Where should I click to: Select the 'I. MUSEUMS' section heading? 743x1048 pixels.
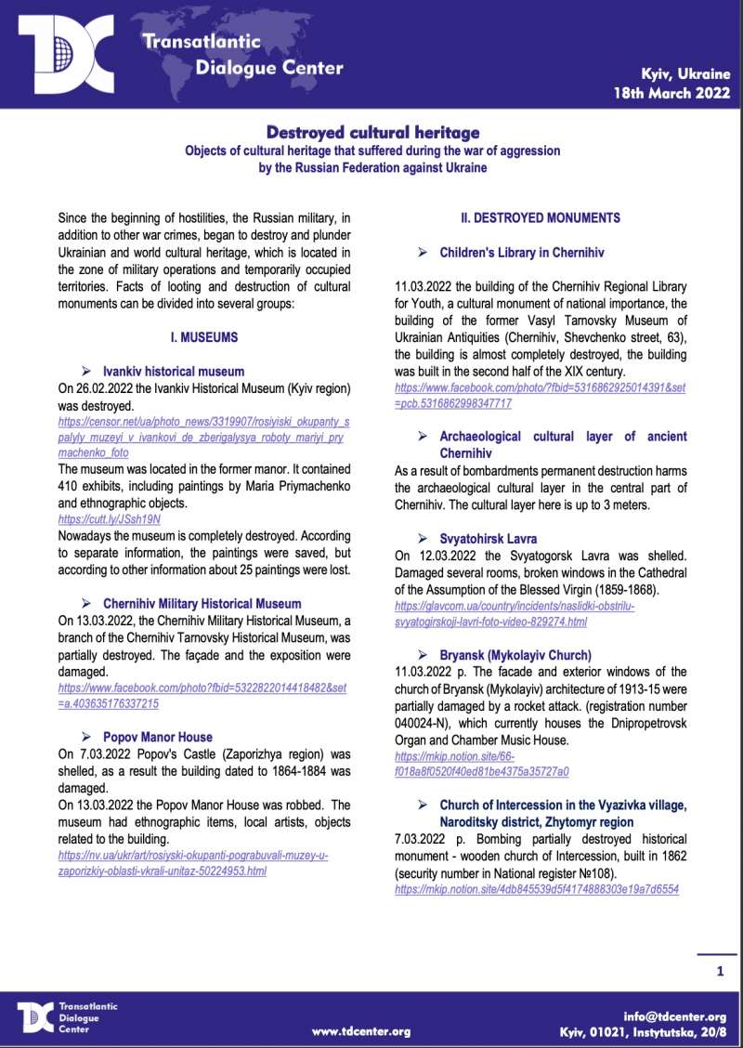[203, 337]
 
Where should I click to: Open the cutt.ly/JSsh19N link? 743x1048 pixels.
[110, 519]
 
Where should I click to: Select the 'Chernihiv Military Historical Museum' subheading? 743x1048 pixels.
[202, 604]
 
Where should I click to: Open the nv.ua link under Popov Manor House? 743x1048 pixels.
[192, 863]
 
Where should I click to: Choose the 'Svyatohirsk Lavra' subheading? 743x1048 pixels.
[488, 538]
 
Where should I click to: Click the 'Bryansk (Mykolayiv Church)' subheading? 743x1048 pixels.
[515, 655]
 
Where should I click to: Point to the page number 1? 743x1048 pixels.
[720, 972]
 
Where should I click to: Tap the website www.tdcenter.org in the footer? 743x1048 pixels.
[361, 1032]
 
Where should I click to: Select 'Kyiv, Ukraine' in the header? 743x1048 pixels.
[685, 72]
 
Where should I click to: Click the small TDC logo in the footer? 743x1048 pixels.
[36, 1017]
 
